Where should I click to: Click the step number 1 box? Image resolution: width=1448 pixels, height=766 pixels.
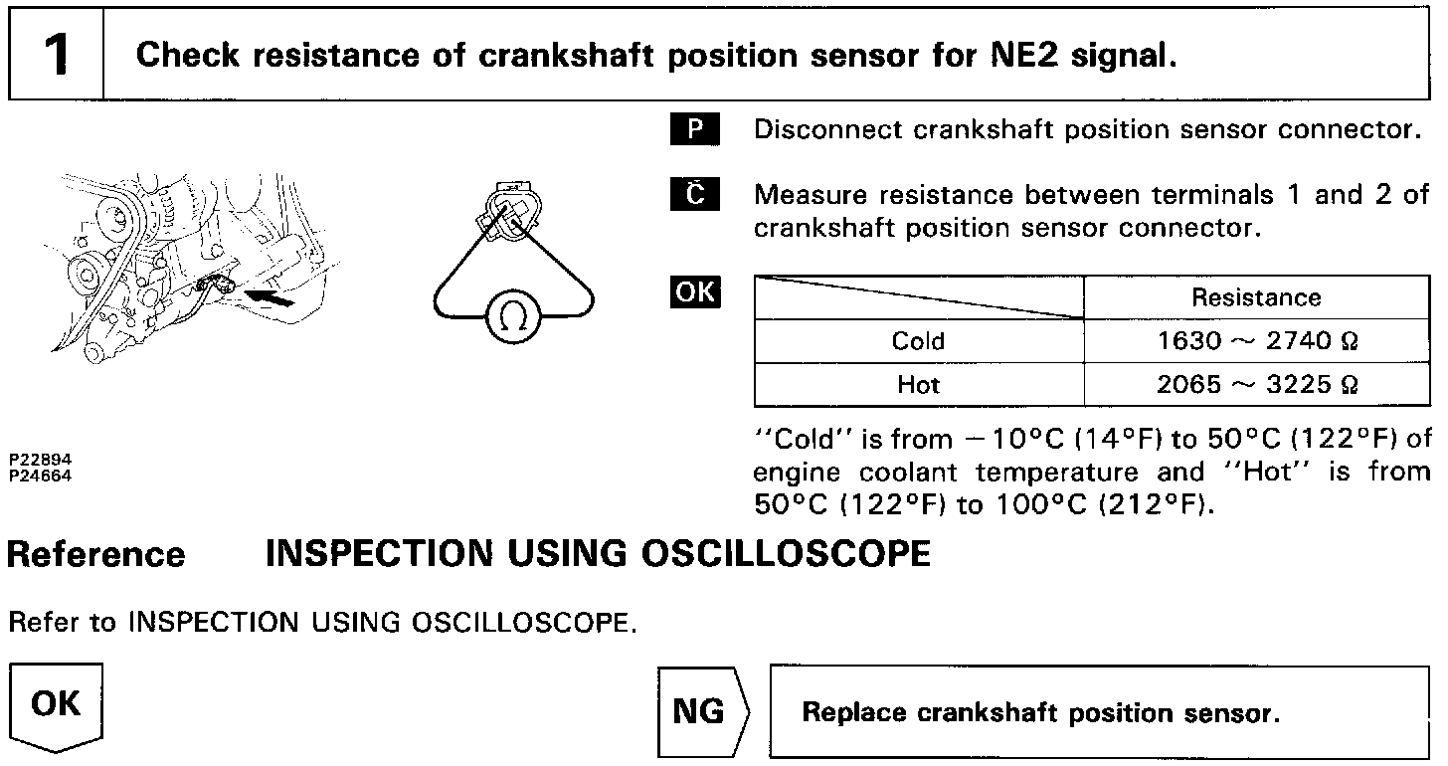57,54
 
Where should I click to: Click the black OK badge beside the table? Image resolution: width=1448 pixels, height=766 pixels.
696,292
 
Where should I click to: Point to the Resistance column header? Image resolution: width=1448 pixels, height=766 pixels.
1256,297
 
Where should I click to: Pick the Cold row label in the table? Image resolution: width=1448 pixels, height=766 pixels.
918,341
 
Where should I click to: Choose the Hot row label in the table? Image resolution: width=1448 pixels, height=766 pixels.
918,384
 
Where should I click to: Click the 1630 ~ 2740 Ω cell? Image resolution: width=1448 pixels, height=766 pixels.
1256,341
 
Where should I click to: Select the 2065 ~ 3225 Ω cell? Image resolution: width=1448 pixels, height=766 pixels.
1256,384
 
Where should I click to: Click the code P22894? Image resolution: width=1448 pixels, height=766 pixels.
41,461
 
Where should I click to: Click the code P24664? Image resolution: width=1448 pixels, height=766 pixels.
41,474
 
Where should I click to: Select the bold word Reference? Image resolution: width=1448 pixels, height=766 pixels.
95,555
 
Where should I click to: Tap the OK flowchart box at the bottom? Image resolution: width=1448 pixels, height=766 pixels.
56,707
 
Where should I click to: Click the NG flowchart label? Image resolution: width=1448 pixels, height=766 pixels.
700,712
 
